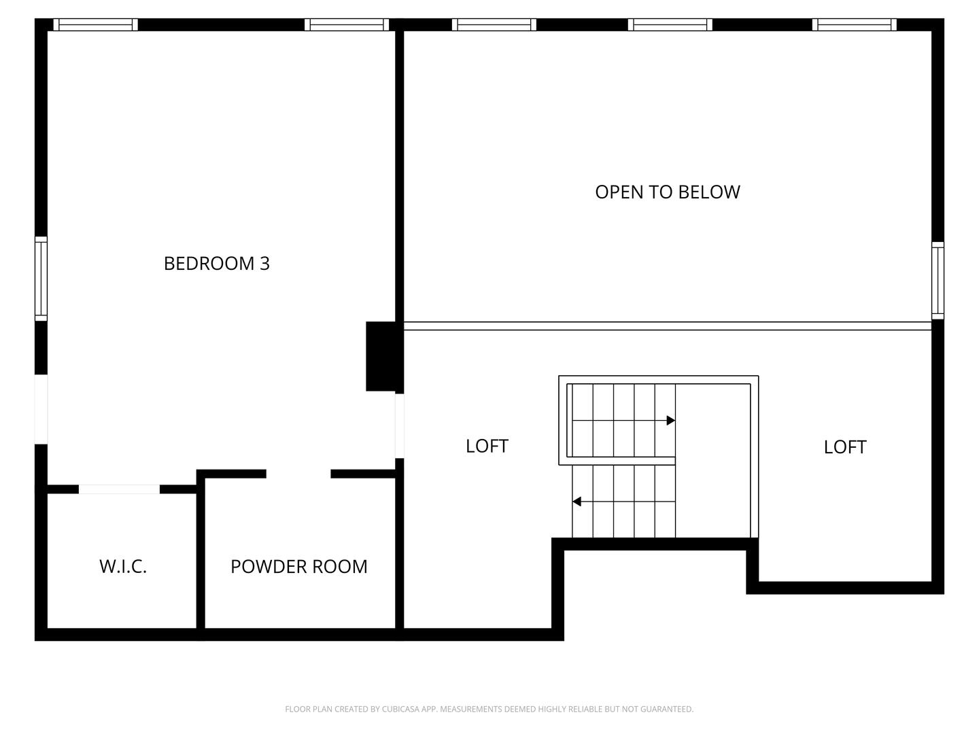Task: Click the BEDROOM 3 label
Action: [217, 263]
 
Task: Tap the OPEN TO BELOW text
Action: [667, 192]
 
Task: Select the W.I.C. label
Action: [123, 566]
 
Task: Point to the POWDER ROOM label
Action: [298, 566]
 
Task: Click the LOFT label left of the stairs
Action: [487, 446]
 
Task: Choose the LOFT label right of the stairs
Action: [844, 447]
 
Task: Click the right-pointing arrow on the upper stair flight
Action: [670, 421]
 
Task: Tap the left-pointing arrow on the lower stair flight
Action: [577, 502]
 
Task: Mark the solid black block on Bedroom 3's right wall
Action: [381, 356]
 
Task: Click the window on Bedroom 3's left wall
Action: [41, 279]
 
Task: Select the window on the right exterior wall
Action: [938, 280]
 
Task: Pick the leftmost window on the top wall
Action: [95, 24]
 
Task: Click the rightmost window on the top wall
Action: [854, 24]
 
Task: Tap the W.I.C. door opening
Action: [120, 489]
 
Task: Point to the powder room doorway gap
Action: [298, 474]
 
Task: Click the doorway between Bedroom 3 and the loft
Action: [400, 425]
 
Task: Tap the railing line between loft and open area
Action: [667, 326]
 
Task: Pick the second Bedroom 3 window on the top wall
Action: [347, 24]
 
